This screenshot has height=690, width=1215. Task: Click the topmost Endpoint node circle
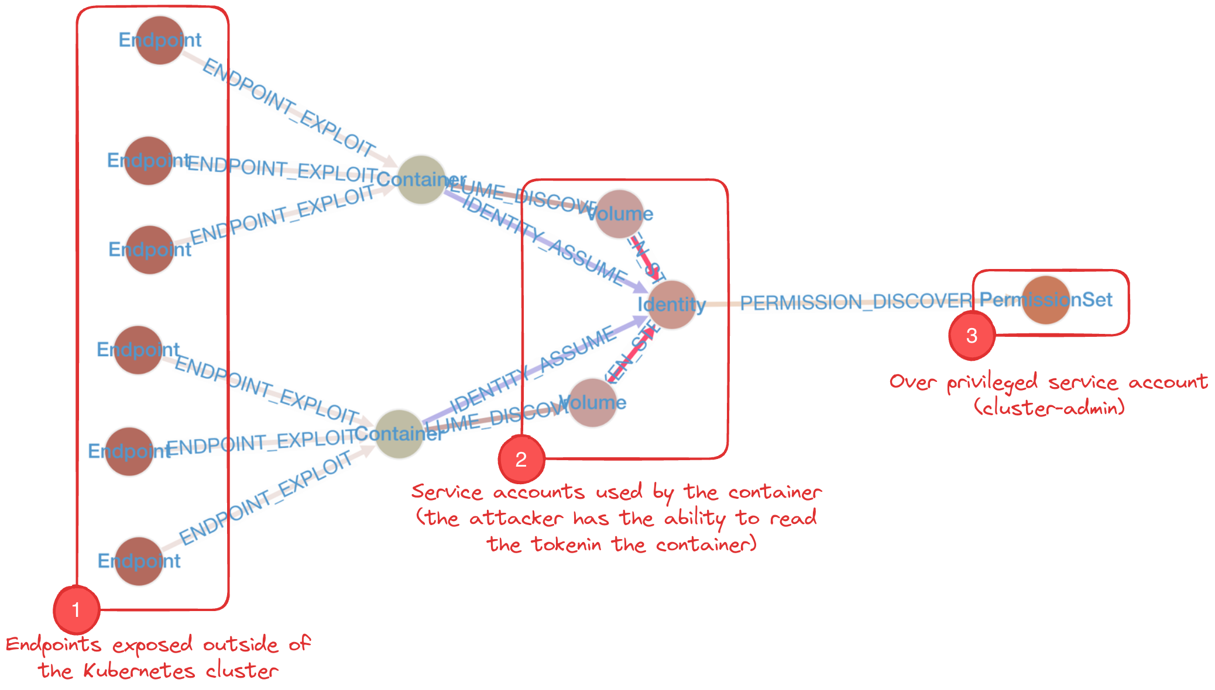point(160,40)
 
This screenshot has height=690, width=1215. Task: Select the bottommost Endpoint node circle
point(139,561)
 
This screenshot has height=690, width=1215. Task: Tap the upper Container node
point(421,180)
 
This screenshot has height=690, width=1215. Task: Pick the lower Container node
point(399,434)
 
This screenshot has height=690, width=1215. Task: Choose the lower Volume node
point(592,402)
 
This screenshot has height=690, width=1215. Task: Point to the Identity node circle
point(672,304)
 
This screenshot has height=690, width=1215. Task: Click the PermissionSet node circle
point(1046,300)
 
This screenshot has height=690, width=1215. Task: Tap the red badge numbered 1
point(76,610)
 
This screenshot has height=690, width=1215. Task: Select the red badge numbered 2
point(521,460)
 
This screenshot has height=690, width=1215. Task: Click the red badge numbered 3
point(972,336)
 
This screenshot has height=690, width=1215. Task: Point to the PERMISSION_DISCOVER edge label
point(856,302)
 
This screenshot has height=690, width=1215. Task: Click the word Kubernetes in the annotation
point(139,671)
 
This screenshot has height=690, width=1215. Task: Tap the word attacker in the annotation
point(516,518)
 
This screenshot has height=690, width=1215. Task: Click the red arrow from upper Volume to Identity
point(646,258)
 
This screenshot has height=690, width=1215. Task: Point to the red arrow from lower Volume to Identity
point(632,354)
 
